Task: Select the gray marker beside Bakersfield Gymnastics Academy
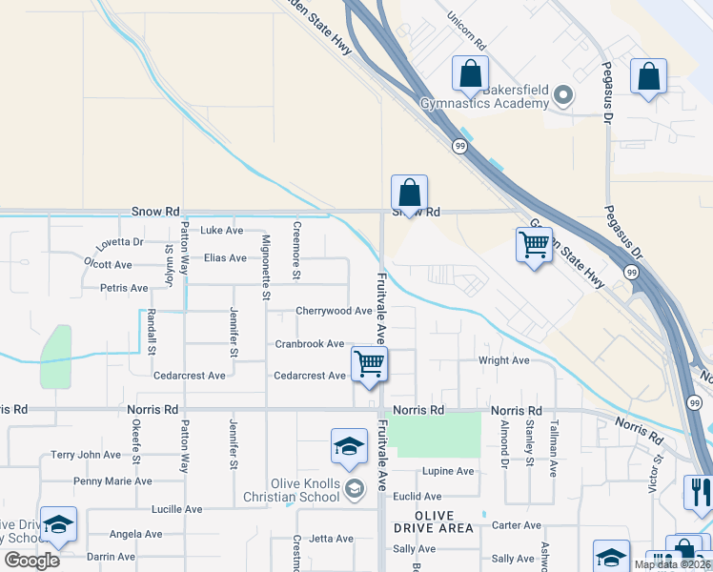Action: [562, 93]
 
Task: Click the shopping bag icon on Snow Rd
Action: [409, 193]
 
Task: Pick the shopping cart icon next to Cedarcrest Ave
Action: [369, 363]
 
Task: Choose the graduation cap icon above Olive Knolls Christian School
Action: [349, 446]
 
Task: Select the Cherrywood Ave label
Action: [334, 311]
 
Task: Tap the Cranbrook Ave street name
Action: [310, 343]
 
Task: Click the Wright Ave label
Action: [503, 360]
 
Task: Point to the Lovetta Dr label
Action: [118, 242]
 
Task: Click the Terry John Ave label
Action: [86, 455]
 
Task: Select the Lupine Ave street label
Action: [448, 471]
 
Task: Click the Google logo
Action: [31, 561]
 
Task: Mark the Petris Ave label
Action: [124, 288]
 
